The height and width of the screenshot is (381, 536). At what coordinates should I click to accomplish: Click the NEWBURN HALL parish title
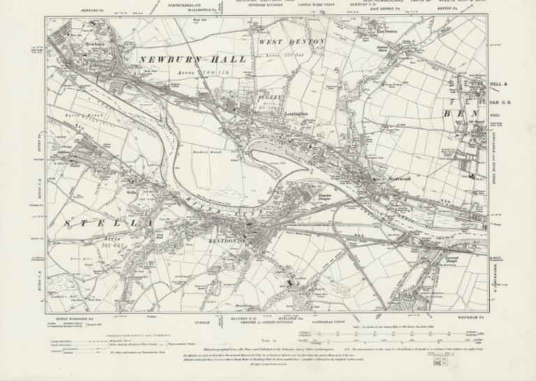(193, 61)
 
